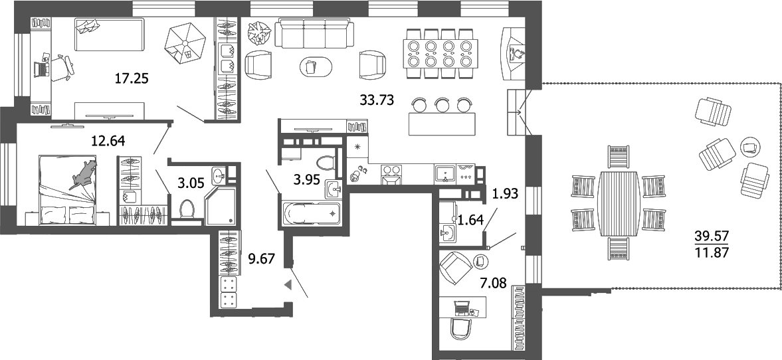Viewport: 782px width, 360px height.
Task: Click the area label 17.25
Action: [x=131, y=79]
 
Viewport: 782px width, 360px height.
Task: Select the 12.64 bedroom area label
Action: [x=108, y=140]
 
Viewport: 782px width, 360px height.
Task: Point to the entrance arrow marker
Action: [x=288, y=285]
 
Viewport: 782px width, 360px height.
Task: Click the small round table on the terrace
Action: [x=749, y=145]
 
